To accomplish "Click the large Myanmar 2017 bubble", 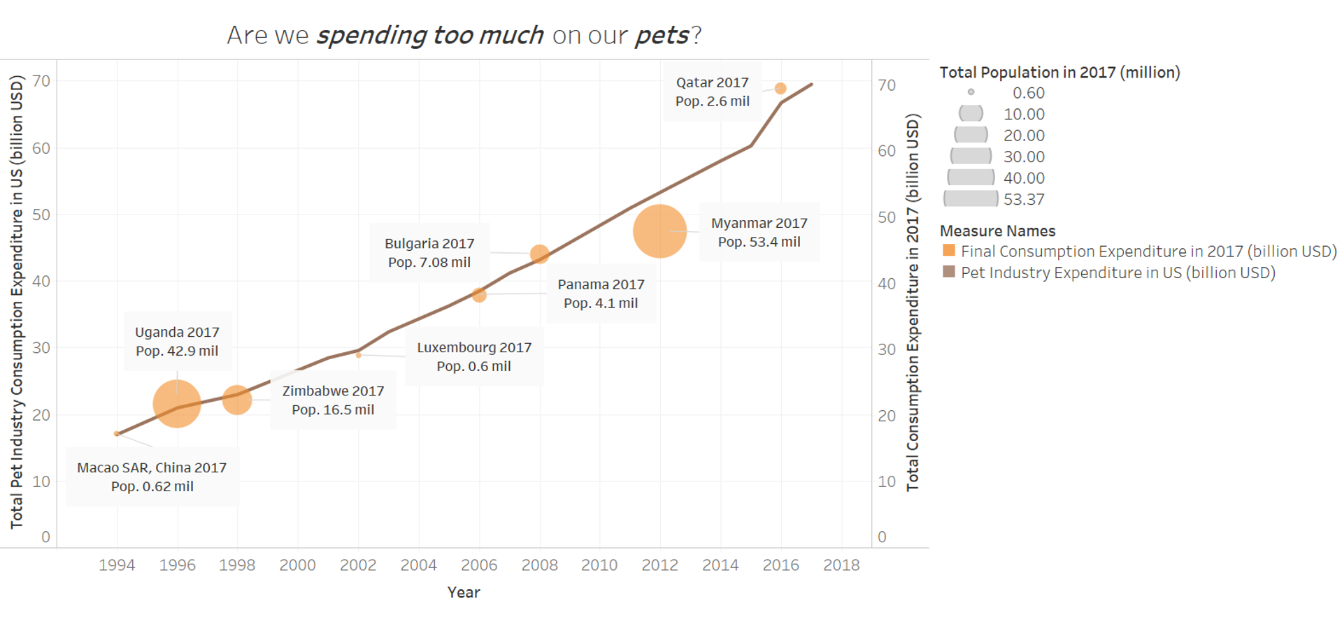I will click(659, 231).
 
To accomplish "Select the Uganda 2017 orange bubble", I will click(177, 404).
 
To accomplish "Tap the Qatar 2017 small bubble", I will click(780, 89).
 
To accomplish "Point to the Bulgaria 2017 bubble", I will click(539, 254).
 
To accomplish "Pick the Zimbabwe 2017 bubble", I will click(237, 400).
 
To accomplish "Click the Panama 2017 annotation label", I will click(601, 294).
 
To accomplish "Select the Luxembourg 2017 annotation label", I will click(474, 357).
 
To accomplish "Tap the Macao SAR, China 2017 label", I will click(152, 477).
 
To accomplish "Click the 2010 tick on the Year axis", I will click(599, 565).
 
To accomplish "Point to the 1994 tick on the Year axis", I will click(117, 565).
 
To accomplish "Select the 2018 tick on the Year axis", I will click(841, 565).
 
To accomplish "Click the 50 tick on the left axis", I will click(41, 215).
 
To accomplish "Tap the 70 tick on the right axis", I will click(887, 85).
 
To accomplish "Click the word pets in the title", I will click(662, 35).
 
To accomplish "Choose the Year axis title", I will click(464, 593).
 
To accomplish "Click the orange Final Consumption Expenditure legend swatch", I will click(949, 251).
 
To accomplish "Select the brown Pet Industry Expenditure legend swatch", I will click(949, 272).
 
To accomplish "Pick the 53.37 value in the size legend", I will click(1024, 199).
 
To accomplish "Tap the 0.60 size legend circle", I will click(971, 92).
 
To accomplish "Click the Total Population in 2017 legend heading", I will click(1059, 73).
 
